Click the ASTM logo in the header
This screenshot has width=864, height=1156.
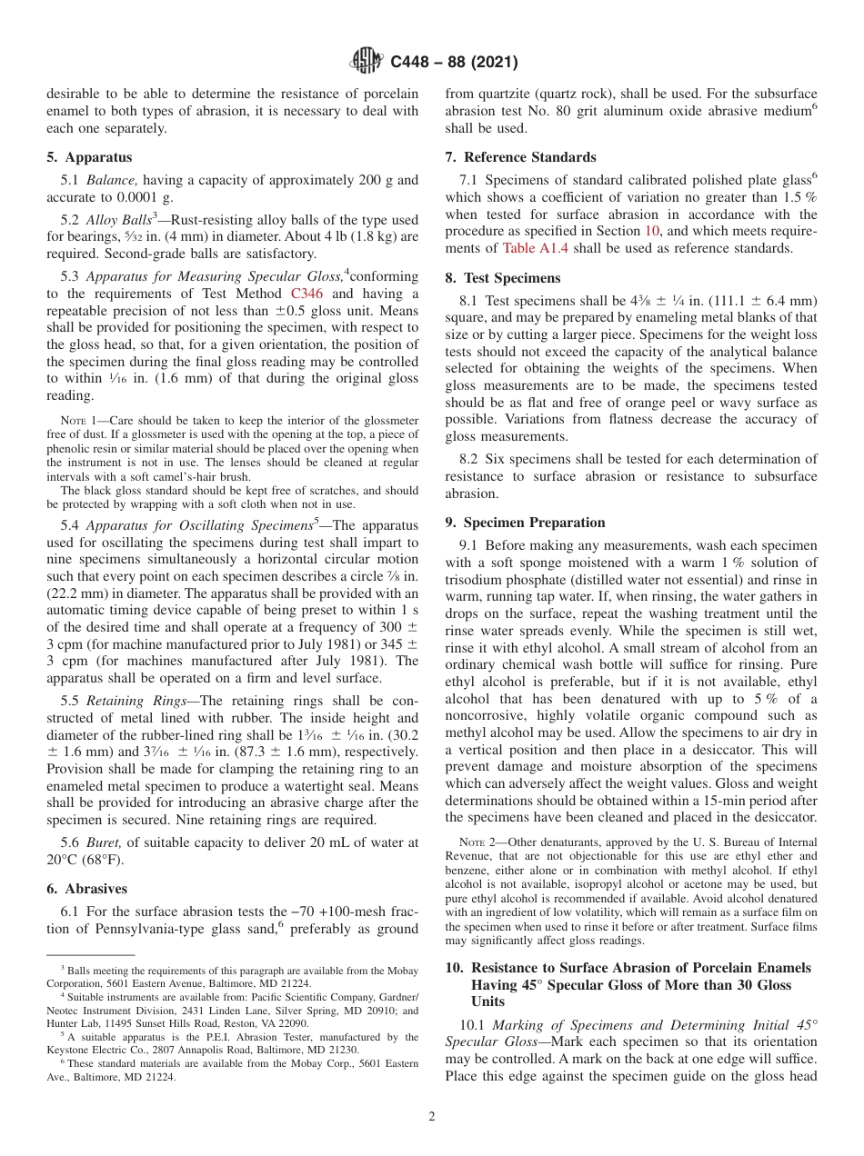point(367,62)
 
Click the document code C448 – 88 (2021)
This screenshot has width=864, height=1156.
point(454,63)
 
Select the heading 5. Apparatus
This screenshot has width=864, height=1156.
point(89,157)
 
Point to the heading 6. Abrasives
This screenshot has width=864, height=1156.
point(87,889)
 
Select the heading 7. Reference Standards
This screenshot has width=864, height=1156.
point(520,157)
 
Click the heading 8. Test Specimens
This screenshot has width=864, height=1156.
point(503,278)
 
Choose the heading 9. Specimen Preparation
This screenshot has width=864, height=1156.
point(525,523)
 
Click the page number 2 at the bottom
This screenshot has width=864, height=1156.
point(432,1117)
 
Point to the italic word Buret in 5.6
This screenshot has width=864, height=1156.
point(103,842)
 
